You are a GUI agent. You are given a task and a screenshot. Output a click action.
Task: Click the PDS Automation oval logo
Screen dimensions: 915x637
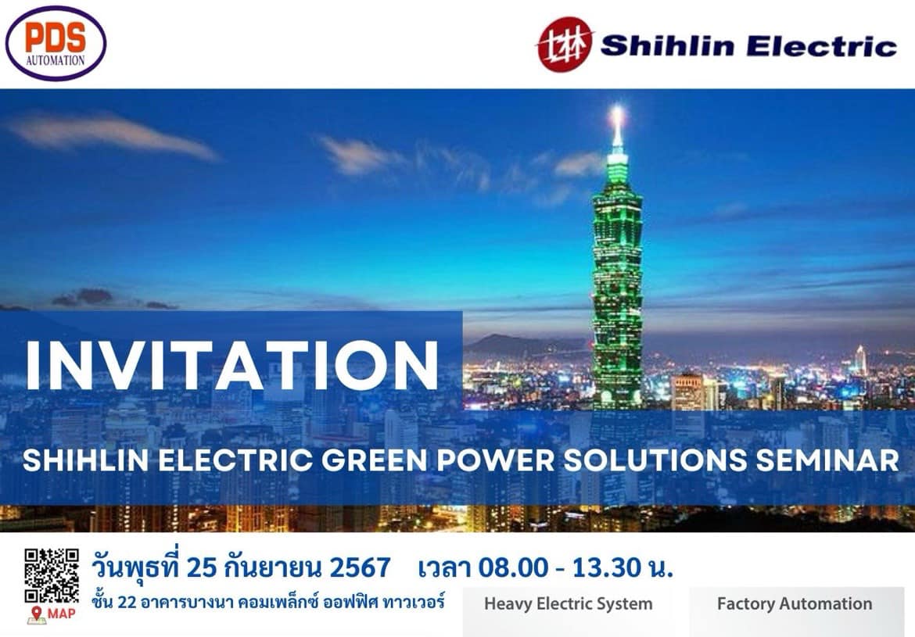(56, 43)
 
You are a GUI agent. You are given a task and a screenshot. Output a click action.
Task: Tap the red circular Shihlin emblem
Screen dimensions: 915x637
(565, 45)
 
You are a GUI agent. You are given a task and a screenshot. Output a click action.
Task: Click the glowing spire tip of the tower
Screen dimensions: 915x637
(617, 112)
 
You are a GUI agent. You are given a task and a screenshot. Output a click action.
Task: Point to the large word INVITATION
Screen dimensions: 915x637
(231, 366)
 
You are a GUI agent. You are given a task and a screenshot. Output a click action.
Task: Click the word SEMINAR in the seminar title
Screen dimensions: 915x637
(827, 460)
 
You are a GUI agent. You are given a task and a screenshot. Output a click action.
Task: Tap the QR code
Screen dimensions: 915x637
(52, 575)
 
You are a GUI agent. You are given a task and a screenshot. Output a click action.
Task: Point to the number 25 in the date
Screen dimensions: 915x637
(202, 567)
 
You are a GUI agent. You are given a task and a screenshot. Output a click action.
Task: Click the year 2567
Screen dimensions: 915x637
(360, 567)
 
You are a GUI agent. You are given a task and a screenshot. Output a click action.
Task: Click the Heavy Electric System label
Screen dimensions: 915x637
(569, 603)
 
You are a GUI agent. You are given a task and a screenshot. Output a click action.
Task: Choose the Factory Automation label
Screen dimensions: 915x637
(795, 603)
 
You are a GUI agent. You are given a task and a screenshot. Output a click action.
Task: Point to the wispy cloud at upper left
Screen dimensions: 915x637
(111, 135)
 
